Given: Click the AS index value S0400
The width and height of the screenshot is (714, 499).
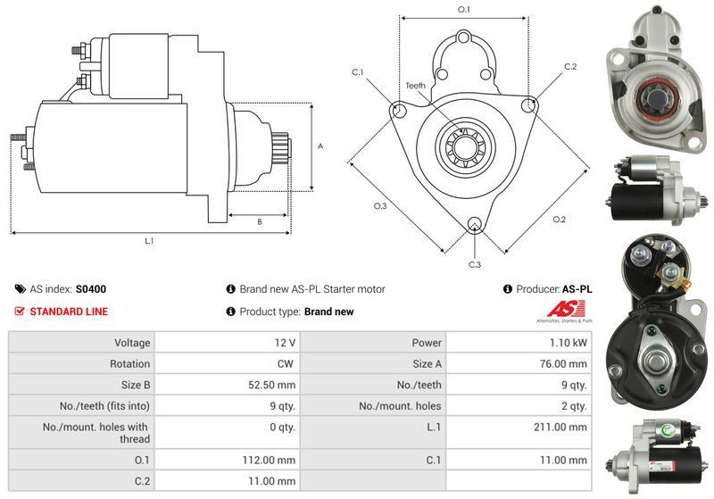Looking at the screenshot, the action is tap(91, 289).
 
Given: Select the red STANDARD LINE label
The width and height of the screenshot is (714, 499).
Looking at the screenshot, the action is tap(69, 312).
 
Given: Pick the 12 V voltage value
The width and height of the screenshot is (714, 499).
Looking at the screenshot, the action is tap(285, 343).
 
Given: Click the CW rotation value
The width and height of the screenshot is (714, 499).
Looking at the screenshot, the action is tap(285, 364).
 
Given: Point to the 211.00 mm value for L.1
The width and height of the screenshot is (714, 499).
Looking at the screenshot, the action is tap(560, 427).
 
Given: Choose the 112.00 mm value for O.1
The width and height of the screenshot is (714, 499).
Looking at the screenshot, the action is tap(269, 461).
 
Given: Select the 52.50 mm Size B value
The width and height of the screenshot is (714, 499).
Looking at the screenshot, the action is tap(272, 385).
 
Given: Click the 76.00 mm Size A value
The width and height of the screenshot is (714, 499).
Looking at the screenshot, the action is tap(563, 364).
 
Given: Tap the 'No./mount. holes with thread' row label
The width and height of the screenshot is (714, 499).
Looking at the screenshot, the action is tap(96, 433).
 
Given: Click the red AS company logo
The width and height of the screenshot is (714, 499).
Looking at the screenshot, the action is tap(566, 309).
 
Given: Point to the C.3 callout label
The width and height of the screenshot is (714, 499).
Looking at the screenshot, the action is tap(475, 264).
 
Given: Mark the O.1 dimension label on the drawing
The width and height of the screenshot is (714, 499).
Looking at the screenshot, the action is tap(463, 9).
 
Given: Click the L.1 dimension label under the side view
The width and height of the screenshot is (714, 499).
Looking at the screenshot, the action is tap(149, 241).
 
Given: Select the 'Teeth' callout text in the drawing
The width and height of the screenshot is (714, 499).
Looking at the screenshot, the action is tap(415, 86).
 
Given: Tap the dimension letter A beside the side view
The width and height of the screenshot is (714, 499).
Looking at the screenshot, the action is tap(320, 146).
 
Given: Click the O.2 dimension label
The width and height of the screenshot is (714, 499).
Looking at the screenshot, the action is tap(560, 220).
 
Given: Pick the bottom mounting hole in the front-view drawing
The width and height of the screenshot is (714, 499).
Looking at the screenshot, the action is tap(475, 224).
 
